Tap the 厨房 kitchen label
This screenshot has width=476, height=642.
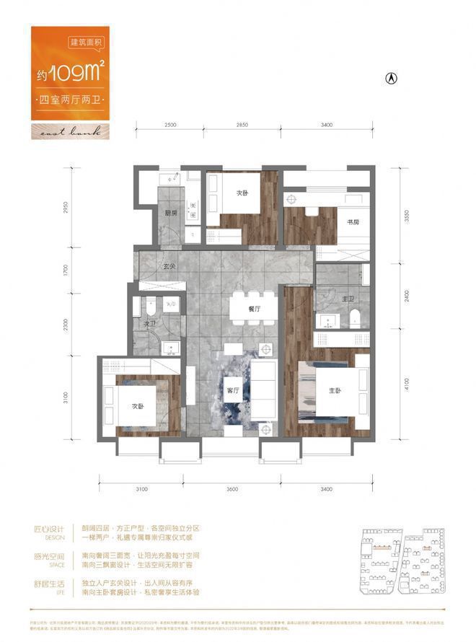pyautogui.click(x=170, y=213)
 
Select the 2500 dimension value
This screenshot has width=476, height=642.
pyautogui.click(x=169, y=126)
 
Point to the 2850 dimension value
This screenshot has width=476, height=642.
pyautogui.click(x=242, y=126)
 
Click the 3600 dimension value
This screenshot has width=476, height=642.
pyautogui.click(x=231, y=490)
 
